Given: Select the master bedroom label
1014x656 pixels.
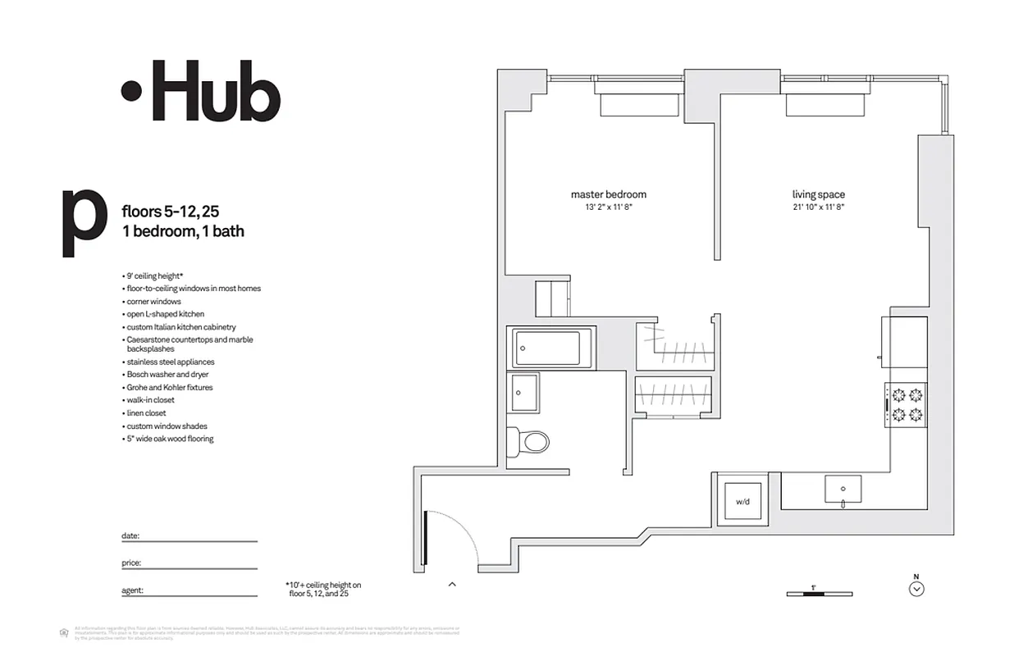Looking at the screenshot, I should (608, 194).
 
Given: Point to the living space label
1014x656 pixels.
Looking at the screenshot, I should (818, 194).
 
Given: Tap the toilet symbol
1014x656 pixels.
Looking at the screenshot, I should (529, 443).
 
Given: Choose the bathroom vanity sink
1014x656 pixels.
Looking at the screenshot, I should (523, 394).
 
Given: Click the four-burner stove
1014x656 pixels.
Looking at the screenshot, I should (906, 405).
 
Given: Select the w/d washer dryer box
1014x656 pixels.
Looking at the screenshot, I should (742, 501).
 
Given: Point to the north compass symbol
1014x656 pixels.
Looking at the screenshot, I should (917, 587).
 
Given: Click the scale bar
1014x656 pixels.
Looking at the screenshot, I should (819, 593).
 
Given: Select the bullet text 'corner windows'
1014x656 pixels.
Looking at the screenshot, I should (153, 302).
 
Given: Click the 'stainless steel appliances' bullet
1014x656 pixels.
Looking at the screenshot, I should (170, 362).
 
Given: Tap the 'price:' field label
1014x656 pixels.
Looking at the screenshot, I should (131, 563).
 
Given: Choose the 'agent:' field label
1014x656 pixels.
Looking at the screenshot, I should (133, 590).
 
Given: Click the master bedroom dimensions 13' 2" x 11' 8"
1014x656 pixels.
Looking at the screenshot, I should (608, 208).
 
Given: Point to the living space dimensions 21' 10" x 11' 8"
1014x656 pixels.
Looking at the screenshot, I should (818, 208).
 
